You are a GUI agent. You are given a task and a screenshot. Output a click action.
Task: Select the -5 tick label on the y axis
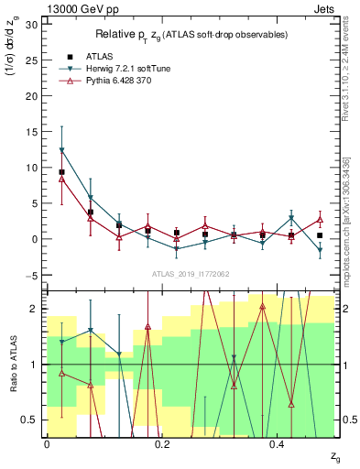[x=33, y=275]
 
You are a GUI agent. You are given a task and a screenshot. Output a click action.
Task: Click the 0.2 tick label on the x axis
[x=161, y=445]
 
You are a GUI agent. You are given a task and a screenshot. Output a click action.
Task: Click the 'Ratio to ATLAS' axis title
[x=12, y=364]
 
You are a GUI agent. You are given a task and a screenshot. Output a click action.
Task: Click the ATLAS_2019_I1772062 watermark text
[x=191, y=274]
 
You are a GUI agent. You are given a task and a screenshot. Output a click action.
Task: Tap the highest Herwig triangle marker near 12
[x=61, y=150]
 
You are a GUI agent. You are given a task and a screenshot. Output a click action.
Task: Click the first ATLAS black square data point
[x=61, y=172]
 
